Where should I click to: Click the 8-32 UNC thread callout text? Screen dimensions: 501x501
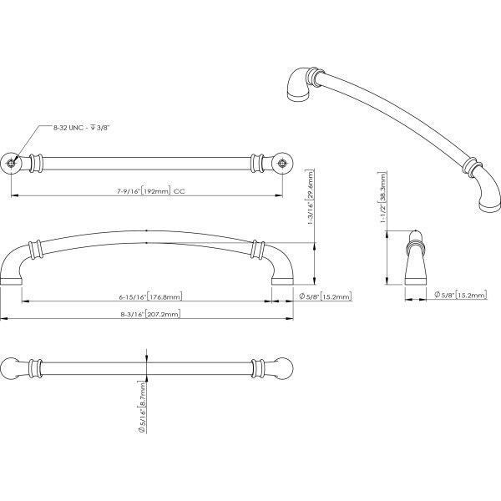[82, 128]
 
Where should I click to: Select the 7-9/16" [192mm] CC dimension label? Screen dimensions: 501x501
[150, 191]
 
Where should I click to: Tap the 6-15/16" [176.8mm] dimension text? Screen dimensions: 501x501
[150, 296]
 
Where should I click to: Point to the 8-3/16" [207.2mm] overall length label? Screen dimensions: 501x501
[150, 314]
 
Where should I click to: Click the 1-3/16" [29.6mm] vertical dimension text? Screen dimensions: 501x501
[311, 197]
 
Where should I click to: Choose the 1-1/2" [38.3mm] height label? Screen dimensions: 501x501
[382, 197]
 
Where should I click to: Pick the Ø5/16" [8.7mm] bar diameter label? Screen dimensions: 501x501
[142, 407]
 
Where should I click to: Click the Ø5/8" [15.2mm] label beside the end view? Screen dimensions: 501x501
[460, 295]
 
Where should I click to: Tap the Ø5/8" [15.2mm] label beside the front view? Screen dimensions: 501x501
[326, 296]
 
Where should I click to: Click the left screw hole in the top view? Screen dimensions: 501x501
[11, 164]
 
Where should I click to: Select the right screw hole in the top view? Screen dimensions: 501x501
[282, 164]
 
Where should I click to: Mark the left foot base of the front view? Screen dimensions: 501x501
[11, 281]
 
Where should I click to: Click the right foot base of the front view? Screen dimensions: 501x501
[282, 281]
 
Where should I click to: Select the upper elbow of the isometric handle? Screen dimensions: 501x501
[300, 83]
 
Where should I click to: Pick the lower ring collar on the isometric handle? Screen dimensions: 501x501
[472, 166]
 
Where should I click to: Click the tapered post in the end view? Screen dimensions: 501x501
[415, 262]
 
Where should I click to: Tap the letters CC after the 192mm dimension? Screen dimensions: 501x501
[180, 192]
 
